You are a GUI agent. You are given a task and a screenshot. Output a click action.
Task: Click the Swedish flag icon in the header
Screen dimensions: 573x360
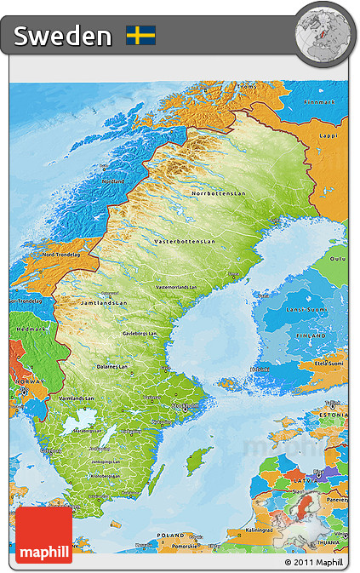(140, 35)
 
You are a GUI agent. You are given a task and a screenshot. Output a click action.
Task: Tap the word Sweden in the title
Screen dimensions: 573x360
(63, 36)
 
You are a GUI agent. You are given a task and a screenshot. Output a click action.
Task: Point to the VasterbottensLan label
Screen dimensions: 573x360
(185, 242)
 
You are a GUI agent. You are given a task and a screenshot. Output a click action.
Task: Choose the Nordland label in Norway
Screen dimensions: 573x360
(112, 181)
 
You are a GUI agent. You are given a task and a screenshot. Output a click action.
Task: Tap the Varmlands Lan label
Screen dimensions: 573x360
(76, 398)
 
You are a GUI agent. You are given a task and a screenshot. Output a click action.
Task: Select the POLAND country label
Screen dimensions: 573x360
(171, 536)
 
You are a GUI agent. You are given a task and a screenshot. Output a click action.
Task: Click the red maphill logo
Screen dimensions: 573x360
(43, 534)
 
